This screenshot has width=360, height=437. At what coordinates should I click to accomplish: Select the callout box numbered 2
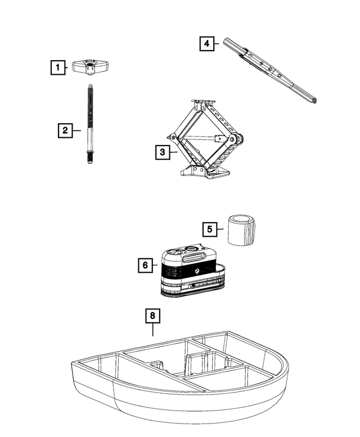pos(65,130)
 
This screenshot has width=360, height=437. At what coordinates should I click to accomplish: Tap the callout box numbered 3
pos(162,151)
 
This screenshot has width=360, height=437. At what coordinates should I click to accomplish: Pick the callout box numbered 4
pos(207,44)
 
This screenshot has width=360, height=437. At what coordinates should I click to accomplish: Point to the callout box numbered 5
pos(210,229)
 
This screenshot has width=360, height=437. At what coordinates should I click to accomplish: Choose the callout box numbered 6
pos(145,265)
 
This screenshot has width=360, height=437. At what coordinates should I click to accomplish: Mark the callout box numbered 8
pos(152,316)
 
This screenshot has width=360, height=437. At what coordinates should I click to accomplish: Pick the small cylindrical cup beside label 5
pos(241,229)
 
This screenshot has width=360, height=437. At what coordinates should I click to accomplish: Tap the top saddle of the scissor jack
pos(204,104)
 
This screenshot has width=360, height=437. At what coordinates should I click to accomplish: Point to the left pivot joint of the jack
pos(170,137)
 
